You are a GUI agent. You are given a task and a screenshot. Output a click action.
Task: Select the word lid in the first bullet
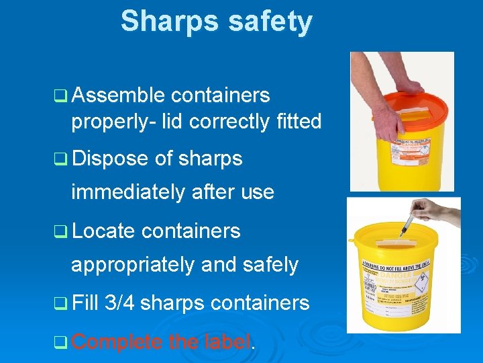pyautogui.click(x=173, y=122)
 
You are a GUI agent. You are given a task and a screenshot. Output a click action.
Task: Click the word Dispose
pyautogui.click(x=109, y=159)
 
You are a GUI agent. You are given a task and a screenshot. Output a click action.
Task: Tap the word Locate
pyautogui.click(x=103, y=231)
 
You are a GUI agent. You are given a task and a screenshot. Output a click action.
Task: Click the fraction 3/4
pyautogui.click(x=120, y=303)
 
